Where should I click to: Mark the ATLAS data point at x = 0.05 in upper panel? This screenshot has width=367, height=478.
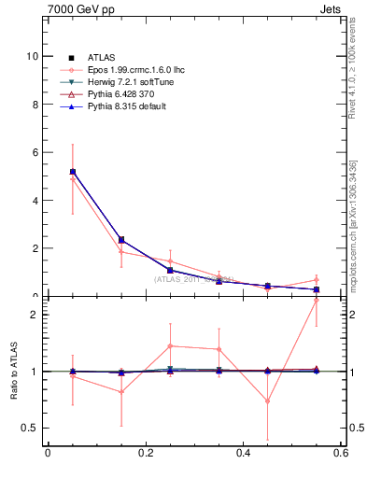click(x=72, y=172)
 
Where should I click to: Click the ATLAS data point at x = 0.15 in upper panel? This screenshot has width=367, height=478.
click(x=121, y=240)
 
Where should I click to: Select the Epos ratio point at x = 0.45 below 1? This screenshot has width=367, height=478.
click(x=267, y=401)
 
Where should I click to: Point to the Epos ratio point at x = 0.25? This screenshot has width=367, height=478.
click(x=170, y=346)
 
